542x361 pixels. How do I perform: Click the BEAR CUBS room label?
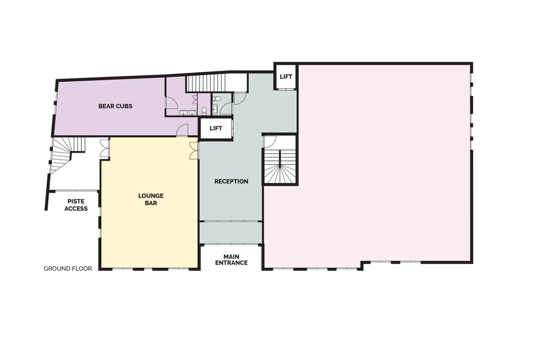click(x=115, y=106)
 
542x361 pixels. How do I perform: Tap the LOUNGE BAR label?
click(x=151, y=199)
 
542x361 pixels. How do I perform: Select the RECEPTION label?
click(x=231, y=181)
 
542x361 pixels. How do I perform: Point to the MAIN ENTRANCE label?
click(x=231, y=260)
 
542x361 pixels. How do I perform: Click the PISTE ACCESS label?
click(x=76, y=205)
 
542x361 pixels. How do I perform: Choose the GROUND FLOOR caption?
click(x=68, y=268)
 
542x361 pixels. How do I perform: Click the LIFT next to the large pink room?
click(x=286, y=77)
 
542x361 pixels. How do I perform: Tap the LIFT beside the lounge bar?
click(x=216, y=128)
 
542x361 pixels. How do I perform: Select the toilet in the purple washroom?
click(x=204, y=110)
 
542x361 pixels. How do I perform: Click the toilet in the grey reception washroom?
click(x=217, y=99)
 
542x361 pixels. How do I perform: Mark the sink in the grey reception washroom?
click(x=215, y=109)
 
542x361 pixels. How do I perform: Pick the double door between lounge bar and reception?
click(x=194, y=150)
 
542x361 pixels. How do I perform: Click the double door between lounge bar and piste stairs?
click(x=105, y=148)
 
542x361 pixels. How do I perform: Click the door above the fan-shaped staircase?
click(x=270, y=141)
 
